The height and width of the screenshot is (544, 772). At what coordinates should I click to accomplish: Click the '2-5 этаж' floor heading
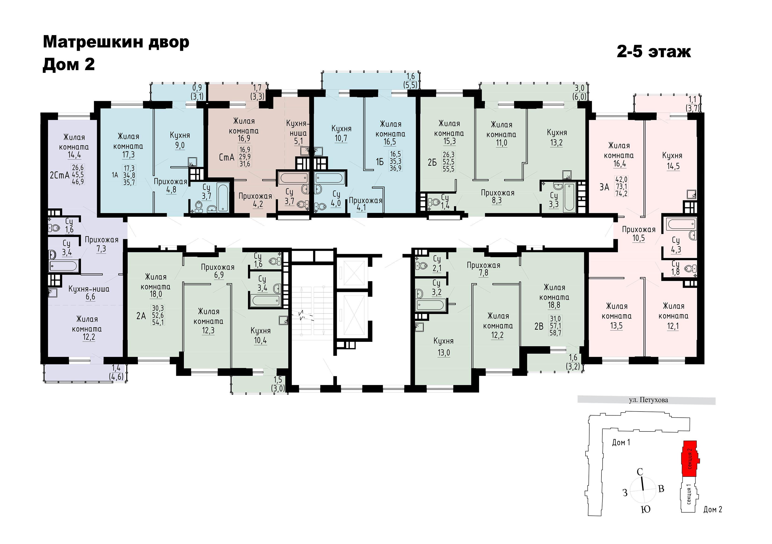[x=653, y=52]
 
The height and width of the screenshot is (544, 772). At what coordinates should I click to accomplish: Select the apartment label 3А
[x=604, y=187]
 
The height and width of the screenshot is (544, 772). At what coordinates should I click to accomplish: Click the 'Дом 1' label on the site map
[x=621, y=442]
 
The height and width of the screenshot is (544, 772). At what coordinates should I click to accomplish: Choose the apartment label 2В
[x=539, y=326]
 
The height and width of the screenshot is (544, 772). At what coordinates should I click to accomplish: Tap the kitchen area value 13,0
[x=444, y=352]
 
